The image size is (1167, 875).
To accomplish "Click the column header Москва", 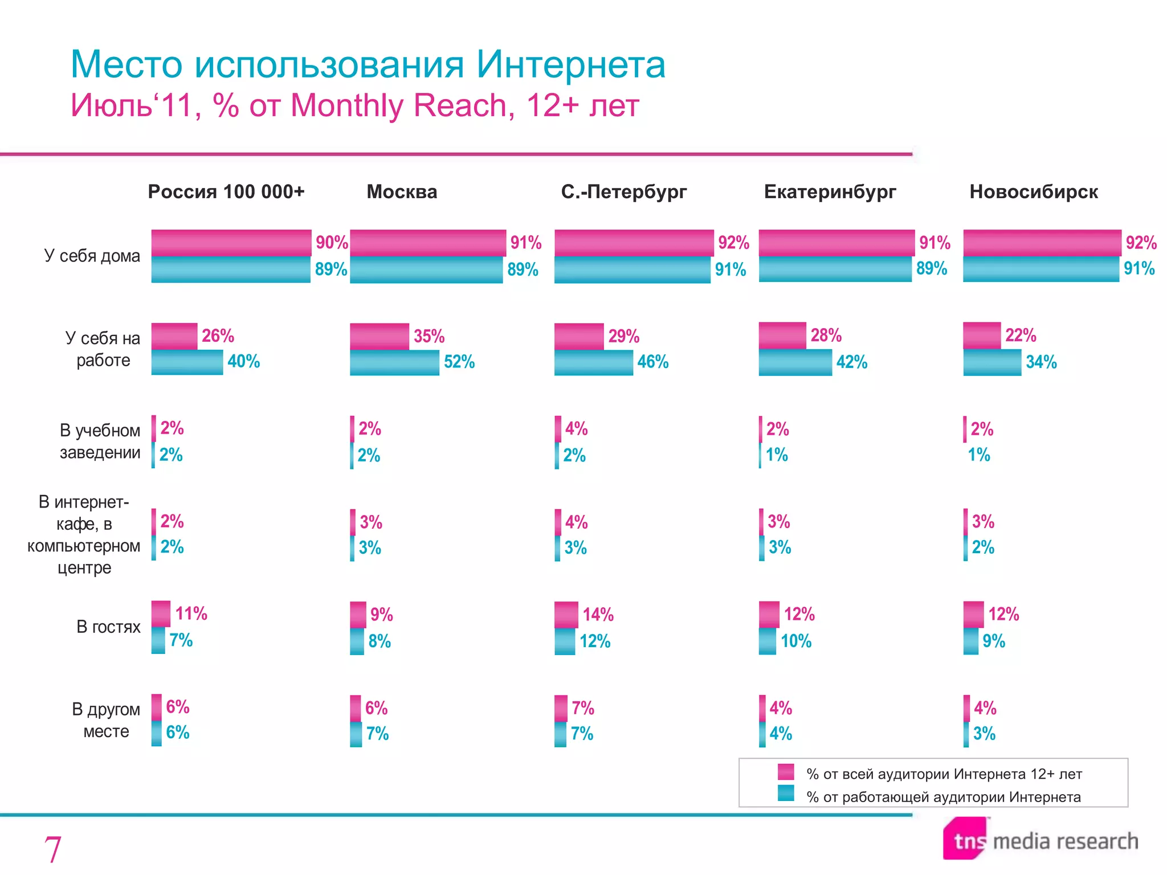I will pyautogui.click(x=402, y=192).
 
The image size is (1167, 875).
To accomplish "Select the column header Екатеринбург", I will pyautogui.click(x=830, y=192).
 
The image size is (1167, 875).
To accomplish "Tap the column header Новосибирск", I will pyautogui.click(x=1034, y=192).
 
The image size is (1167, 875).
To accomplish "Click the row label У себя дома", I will pyautogui.click(x=92, y=256).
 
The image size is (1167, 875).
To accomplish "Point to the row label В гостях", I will pyautogui.click(x=108, y=627).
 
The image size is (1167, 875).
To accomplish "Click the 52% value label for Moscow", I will pyautogui.click(x=459, y=362).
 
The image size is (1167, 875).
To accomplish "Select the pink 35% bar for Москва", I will pyautogui.click(x=380, y=336).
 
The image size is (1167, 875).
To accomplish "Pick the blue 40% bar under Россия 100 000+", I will pyautogui.click(x=187, y=362).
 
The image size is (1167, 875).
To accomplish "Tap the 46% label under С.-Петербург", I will pyautogui.click(x=652, y=362).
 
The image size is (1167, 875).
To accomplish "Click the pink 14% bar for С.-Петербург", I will pyautogui.click(x=566, y=615).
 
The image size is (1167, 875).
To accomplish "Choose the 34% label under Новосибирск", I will pyautogui.click(x=1041, y=362).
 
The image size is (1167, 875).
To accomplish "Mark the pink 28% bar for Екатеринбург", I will pyautogui.click(x=782, y=336).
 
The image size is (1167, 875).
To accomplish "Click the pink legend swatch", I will pyautogui.click(x=786, y=772).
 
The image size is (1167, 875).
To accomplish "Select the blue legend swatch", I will pyautogui.click(x=786, y=794).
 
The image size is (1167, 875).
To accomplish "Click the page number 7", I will pyautogui.click(x=52, y=849).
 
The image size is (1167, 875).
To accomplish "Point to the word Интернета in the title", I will pyautogui.click(x=570, y=64).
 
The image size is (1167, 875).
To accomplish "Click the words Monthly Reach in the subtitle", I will pyautogui.click(x=399, y=105).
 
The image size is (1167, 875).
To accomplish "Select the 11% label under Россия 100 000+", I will pyautogui.click(x=191, y=614).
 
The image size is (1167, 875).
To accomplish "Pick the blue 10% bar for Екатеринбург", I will pyautogui.click(x=768, y=641).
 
